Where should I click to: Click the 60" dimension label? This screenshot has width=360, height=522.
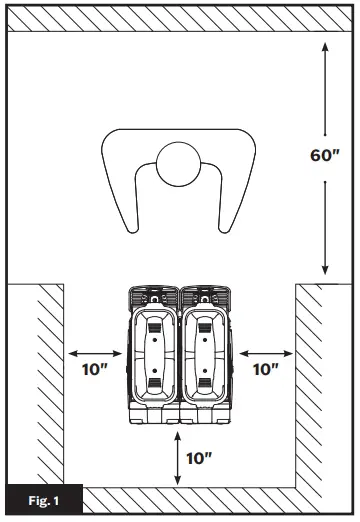pos(324,155)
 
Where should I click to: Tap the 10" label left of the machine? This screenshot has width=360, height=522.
pos(95,369)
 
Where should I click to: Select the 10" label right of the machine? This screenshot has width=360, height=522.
pos(266,369)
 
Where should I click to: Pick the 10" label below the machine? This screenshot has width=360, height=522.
pos(199,458)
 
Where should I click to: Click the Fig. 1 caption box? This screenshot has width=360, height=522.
pos(44,500)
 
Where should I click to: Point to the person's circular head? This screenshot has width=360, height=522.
pos(179,164)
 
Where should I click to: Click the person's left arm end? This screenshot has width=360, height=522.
pos(133,229)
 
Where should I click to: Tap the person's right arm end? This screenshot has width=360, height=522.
pos(224,229)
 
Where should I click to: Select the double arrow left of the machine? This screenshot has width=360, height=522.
pos(95,354)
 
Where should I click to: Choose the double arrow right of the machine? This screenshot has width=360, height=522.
pos(266,354)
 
